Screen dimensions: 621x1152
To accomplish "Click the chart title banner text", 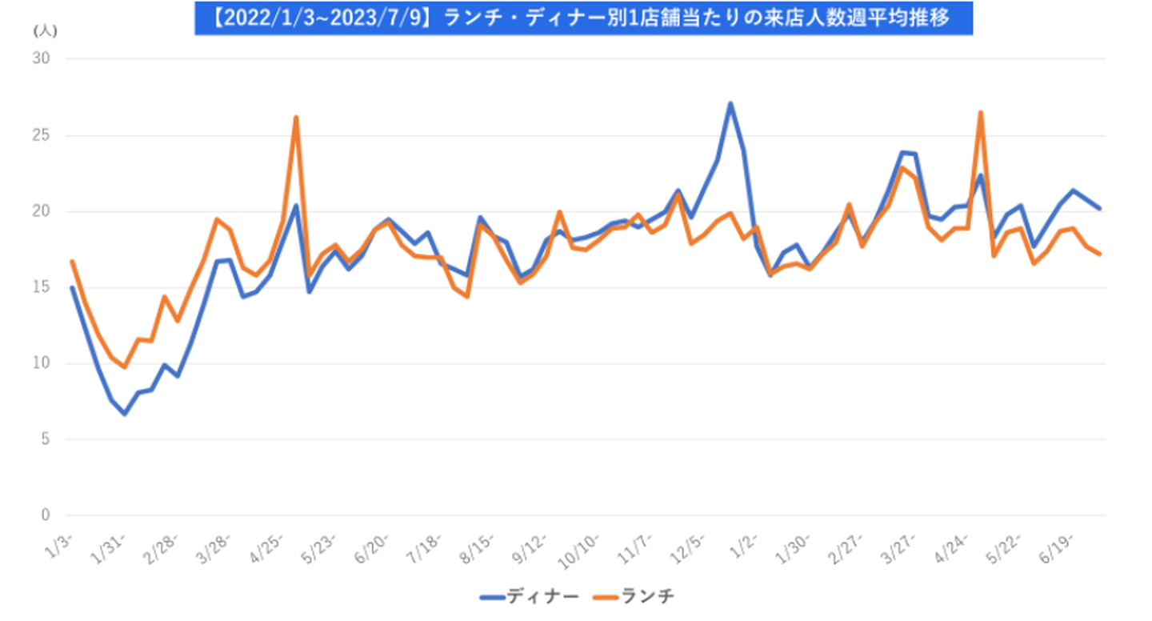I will coord(583,18).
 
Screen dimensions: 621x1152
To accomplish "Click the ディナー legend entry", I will coord(530,596).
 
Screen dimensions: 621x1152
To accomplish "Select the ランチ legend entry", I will coord(637,596).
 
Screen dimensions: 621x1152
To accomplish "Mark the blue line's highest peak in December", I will coord(730,103).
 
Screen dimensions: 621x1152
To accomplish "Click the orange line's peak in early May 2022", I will coord(296,117).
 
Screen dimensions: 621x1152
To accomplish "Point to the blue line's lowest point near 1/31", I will coord(125,415).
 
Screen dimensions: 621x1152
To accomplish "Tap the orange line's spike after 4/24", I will coord(980,112).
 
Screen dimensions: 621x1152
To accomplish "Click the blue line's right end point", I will coord(1100,208).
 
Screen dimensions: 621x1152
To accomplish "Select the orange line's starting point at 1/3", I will coord(72,261).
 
